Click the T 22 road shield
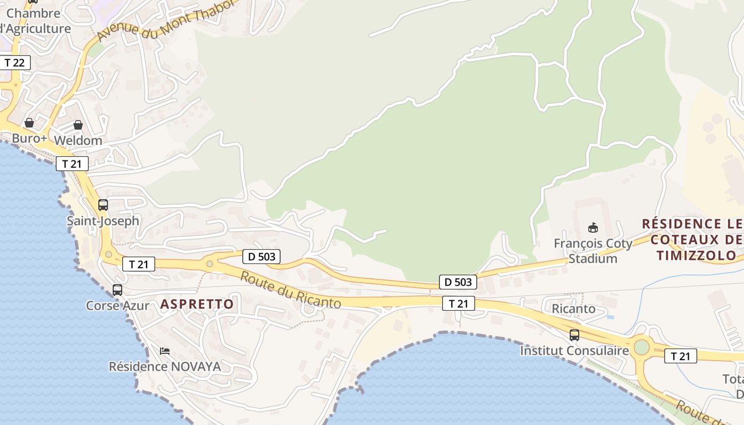pyautogui.click(x=14, y=63)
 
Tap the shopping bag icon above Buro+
pyautogui.click(x=29, y=123)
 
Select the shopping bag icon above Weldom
pyautogui.click(x=78, y=125)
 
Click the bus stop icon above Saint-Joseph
pyautogui.click(x=103, y=205)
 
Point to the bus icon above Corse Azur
pyautogui.click(x=117, y=290)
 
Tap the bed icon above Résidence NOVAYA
pyautogui.click(x=165, y=351)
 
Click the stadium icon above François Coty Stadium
pyautogui.click(x=593, y=228)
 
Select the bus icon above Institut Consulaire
pyautogui.click(x=574, y=335)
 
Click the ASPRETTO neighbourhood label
pyautogui.click(x=197, y=304)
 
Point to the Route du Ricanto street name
pyautogui.click(x=290, y=290)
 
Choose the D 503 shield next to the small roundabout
pyautogui.click(x=261, y=257)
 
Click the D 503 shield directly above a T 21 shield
pyautogui.click(x=458, y=282)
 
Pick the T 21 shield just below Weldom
pyautogui.click(x=72, y=164)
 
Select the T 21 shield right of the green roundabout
pyautogui.click(x=680, y=356)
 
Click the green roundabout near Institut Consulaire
pyautogui.click(x=642, y=347)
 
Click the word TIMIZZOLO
pyautogui.click(x=696, y=256)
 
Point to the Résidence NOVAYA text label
pyautogui.click(x=165, y=367)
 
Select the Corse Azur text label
pyautogui.click(x=118, y=305)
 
